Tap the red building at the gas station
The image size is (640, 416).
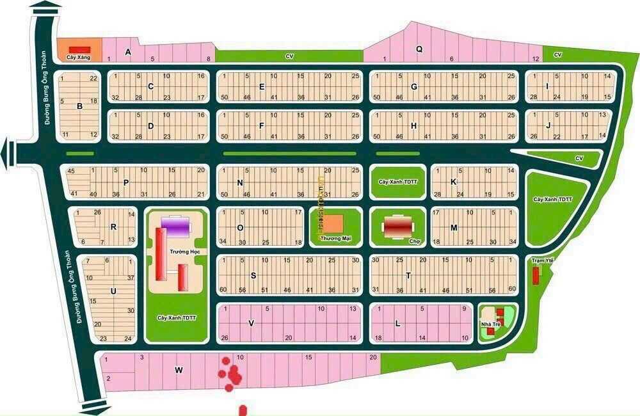[x=79, y=49]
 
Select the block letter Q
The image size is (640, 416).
[x=420, y=48]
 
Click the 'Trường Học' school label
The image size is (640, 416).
[x=182, y=252]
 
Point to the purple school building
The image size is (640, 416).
[x=175, y=225]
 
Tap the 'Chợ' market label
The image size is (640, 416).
[x=413, y=241]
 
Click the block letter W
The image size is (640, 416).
[x=179, y=369]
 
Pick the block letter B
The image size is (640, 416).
[x=79, y=106]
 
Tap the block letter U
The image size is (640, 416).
[x=113, y=291]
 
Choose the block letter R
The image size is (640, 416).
[x=113, y=226]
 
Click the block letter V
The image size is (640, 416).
[x=252, y=323]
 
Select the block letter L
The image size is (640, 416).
[x=397, y=324]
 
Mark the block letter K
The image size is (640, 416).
[x=453, y=182]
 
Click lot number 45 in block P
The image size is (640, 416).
[x=71, y=171]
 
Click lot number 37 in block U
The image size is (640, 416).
[x=130, y=277]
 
